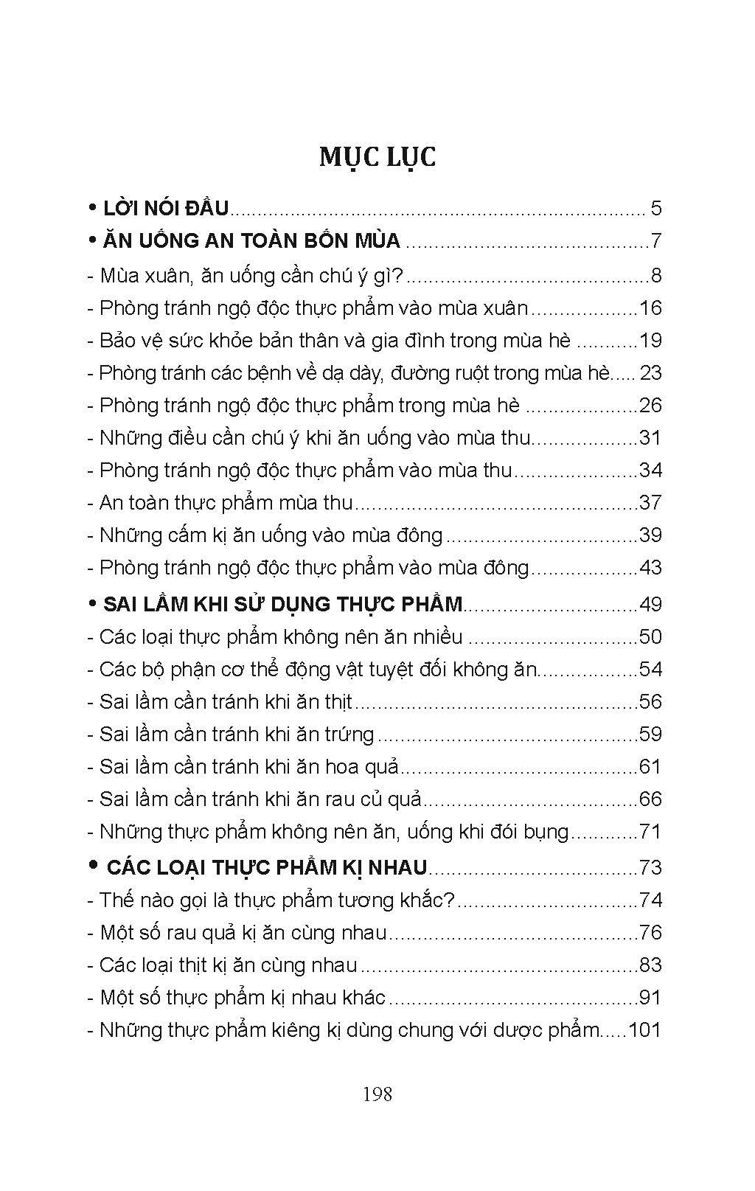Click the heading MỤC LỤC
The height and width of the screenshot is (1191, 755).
[377, 158]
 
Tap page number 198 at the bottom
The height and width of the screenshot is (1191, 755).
[377, 1094]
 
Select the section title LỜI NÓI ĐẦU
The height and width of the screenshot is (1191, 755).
[166, 208]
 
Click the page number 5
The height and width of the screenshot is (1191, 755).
[656, 208]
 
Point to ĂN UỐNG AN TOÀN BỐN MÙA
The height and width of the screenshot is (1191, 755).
[251, 241]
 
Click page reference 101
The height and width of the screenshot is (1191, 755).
[645, 1029]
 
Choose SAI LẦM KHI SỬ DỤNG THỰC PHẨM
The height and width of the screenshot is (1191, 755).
[282, 604]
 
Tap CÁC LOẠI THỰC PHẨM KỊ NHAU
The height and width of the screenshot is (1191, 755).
[266, 867]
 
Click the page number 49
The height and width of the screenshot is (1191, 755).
[650, 604]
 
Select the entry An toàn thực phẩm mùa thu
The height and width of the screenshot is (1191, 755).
[226, 503]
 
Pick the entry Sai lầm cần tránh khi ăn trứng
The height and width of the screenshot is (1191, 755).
[237, 735]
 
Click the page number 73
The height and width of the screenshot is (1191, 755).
[650, 867]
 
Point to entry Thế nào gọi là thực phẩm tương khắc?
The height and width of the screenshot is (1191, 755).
[277, 900]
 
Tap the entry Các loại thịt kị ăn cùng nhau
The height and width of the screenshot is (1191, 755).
[229, 965]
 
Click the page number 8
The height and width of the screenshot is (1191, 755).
[656, 276]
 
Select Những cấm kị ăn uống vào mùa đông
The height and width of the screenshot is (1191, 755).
[271, 535]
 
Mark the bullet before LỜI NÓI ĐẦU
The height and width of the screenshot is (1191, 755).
[92, 207]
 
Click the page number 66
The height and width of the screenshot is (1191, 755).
[650, 799]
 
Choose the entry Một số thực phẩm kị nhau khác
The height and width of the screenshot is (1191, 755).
[243, 998]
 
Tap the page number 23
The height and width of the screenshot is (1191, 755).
[650, 373]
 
